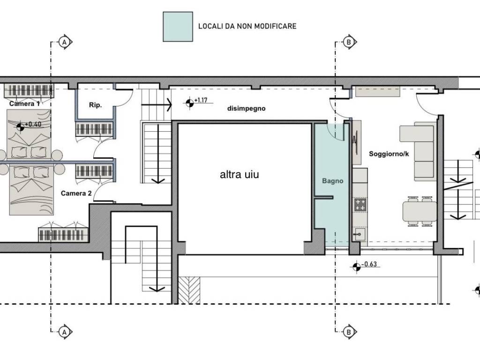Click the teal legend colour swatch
178,26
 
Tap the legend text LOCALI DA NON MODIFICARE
247,26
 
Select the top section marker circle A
65,42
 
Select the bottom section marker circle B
348,331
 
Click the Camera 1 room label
24,104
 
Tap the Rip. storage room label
95,105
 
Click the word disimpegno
246,108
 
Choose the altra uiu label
240,175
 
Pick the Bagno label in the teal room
333,180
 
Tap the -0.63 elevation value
370,264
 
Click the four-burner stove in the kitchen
360,204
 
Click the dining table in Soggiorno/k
419,212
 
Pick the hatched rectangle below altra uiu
189,290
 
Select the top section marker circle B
348,42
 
